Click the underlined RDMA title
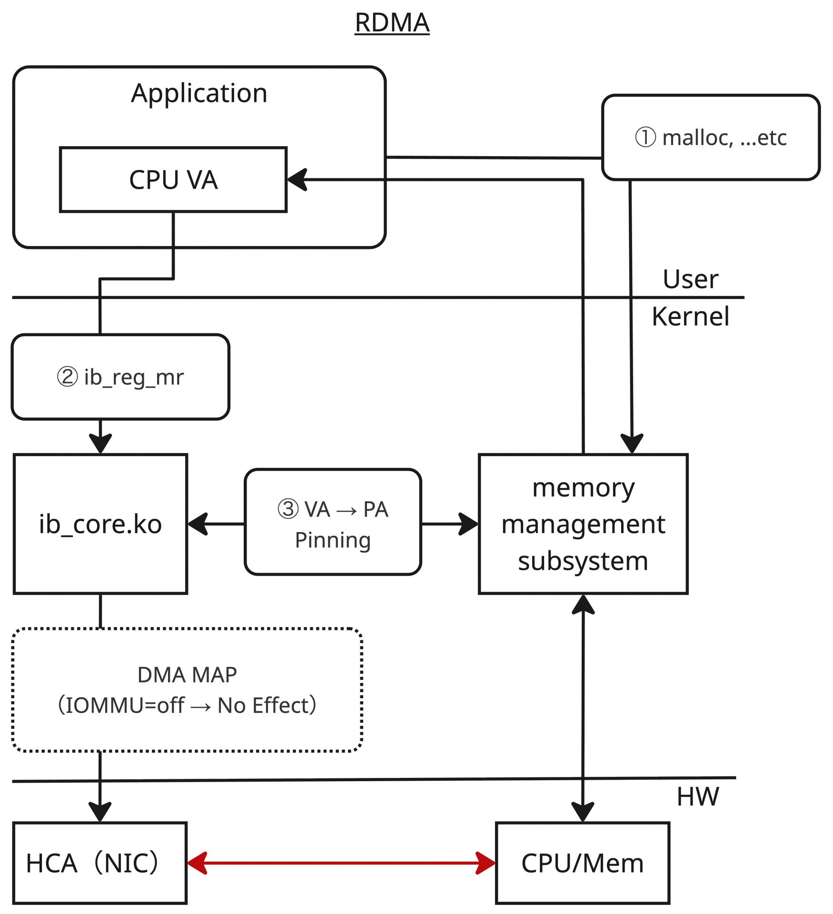click(x=392, y=23)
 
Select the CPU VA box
click(x=173, y=179)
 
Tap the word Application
click(x=199, y=93)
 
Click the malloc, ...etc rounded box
click(x=710, y=138)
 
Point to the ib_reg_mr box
click(x=120, y=377)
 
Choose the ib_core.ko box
click(x=100, y=524)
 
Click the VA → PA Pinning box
click(x=333, y=522)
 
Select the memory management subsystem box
click(x=583, y=524)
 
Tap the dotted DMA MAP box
click(x=187, y=690)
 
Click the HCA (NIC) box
click(x=100, y=863)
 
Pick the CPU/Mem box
click(x=583, y=863)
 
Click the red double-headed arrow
click(x=341, y=863)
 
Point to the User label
click(x=690, y=279)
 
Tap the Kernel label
click(x=690, y=317)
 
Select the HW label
click(x=698, y=796)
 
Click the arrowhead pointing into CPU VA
click(x=297, y=180)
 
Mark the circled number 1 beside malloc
click(x=645, y=138)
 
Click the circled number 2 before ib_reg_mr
click(x=67, y=377)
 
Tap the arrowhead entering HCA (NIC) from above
click(x=100, y=811)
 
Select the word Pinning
click(x=333, y=540)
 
